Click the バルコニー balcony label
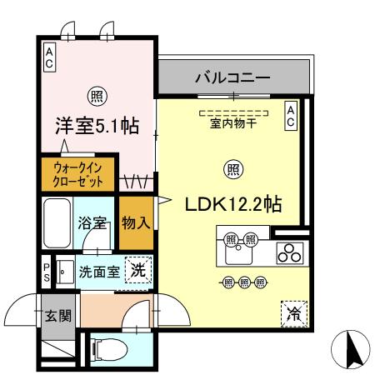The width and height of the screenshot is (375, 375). (232, 78)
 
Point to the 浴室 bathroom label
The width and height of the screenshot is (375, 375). (92, 223)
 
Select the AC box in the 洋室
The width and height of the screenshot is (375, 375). (49, 56)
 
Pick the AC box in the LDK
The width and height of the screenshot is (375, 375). (291, 116)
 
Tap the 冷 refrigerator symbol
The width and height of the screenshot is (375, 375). (293, 312)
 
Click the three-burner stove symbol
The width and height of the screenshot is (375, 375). (288, 252)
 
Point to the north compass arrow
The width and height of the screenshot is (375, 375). (351, 347)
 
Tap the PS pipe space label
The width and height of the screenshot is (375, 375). (47, 271)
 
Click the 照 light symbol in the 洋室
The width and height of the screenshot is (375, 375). (97, 95)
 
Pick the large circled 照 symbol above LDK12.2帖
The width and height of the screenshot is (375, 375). (233, 169)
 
